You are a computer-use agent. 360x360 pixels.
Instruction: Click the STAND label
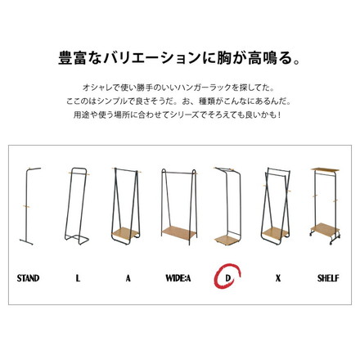coord(28,278)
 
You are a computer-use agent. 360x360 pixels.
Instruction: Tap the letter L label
coord(78,278)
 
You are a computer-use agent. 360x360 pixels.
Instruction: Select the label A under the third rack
coord(128,278)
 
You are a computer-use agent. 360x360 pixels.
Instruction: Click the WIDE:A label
coord(178,278)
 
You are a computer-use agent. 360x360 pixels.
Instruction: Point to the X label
coord(278,278)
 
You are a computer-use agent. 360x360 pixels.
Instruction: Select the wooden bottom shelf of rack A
coord(128,228)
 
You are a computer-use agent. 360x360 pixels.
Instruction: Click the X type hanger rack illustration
coord(278,205)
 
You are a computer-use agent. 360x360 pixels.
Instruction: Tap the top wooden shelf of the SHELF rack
coord(327,169)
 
